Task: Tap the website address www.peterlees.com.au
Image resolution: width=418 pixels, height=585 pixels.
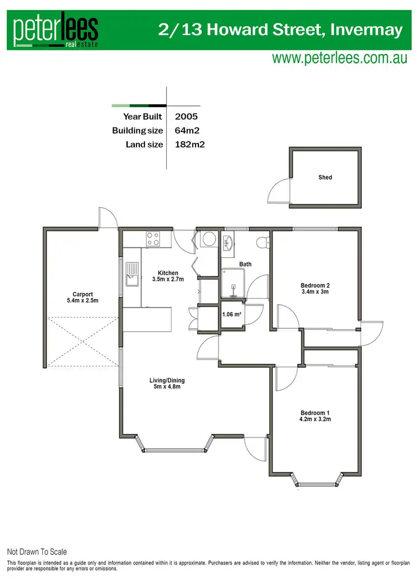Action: (339, 59)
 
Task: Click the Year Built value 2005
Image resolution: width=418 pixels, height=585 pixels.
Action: (186, 117)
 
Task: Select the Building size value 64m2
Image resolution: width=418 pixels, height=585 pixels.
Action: (187, 131)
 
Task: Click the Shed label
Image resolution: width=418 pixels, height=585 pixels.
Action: (325, 177)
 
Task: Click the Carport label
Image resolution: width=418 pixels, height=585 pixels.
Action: (82, 295)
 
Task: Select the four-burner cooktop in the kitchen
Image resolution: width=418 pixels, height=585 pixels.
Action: (153, 239)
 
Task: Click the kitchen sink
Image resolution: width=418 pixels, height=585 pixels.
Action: (132, 275)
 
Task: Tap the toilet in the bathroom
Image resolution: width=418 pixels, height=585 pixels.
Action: (263, 242)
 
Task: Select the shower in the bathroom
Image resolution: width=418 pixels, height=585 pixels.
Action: (232, 284)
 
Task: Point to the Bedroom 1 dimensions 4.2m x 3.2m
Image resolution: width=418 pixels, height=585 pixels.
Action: (315, 419)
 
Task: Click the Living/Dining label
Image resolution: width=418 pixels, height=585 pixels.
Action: (167, 381)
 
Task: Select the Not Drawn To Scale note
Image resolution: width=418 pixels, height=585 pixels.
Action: (37, 552)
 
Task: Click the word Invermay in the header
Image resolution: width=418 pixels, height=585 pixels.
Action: (366, 30)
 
